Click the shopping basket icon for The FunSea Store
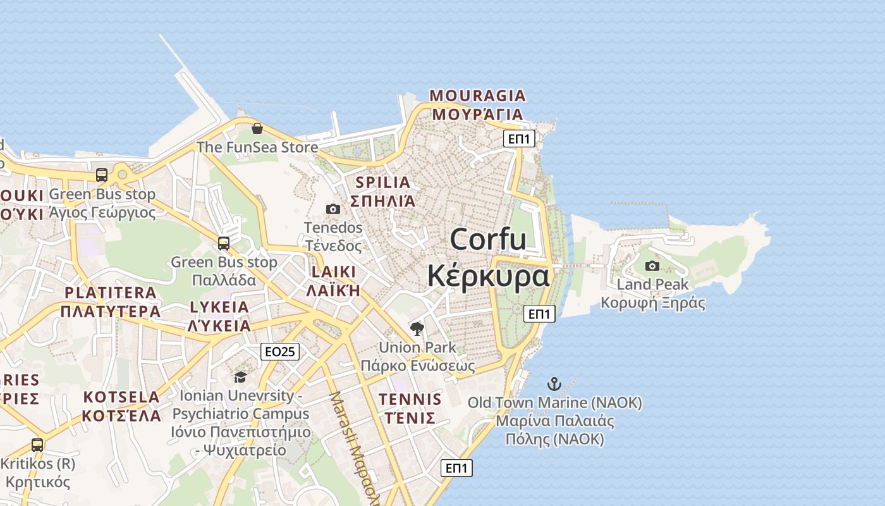point(257,129)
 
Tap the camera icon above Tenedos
point(333,209)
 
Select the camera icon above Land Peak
point(652,266)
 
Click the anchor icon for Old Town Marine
point(554,384)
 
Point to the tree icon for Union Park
point(417,328)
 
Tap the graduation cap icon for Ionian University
point(240,378)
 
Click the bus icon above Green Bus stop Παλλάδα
point(224,244)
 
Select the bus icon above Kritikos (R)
point(37,445)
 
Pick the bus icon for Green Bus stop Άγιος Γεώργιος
point(102,175)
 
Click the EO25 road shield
point(279,352)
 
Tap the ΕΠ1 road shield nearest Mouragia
point(519,139)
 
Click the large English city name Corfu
point(488,240)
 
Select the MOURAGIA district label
point(477,96)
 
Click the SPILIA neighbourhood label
point(383,183)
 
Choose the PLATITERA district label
point(111,293)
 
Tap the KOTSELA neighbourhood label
point(121,398)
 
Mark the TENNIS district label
point(410,400)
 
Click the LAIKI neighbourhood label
point(333,272)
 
